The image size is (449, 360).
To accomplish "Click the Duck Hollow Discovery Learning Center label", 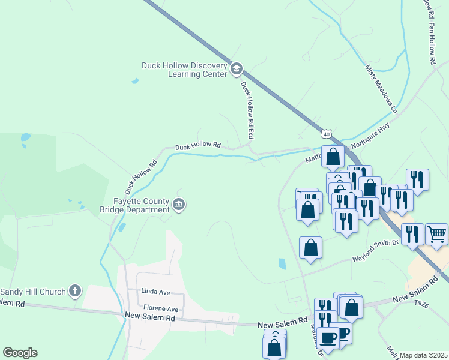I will (x=184, y=70).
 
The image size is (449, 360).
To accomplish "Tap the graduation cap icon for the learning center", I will (x=237, y=70).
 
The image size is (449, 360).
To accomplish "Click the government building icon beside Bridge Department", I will (x=179, y=205).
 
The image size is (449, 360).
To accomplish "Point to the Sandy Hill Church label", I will (x=32, y=292).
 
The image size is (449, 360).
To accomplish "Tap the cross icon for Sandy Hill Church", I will (x=75, y=292).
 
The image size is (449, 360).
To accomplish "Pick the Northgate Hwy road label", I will (x=370, y=135).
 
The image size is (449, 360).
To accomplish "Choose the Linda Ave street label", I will (x=155, y=291).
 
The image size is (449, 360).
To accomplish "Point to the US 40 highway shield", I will (x=326, y=131).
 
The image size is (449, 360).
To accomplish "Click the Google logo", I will (x=20, y=353).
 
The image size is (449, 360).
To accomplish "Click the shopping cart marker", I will (x=436, y=233).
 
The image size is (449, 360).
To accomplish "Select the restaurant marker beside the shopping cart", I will (x=412, y=233).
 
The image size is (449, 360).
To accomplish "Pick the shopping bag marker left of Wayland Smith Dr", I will (x=310, y=248).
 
